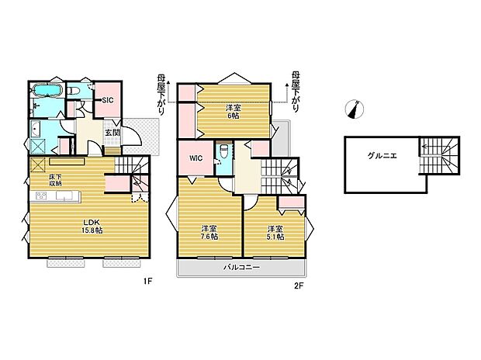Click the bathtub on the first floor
coord(47,91)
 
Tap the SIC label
coord(108,100)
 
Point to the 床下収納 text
coord(56,181)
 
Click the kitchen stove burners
coord(41,196)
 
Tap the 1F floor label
coord(148,281)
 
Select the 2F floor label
coord(299,286)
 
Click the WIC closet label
coord(196,158)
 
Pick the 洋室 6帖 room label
coord(234,112)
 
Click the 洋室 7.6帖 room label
coord(209,232)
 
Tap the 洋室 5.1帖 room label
coord(275,233)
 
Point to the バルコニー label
coord(241,268)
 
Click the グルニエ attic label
coord(382,156)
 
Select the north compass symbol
coord(355,109)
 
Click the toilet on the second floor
coord(223,150)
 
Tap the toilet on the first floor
coord(74,91)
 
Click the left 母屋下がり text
coord(161,95)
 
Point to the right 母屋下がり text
coord(295,92)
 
